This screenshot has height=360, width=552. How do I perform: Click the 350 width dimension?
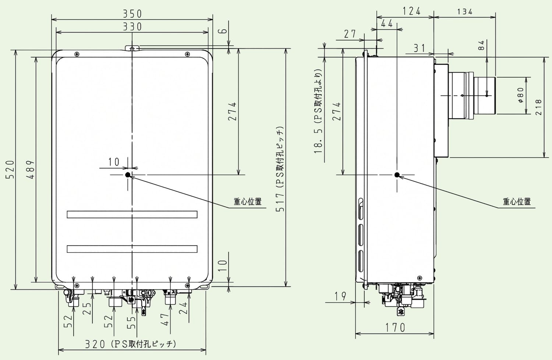click(132, 14)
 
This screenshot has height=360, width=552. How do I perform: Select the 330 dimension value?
click(132, 27)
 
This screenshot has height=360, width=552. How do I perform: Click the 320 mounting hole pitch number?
click(95, 344)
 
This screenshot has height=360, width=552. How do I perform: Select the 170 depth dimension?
click(395, 328)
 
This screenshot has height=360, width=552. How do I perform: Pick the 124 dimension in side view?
click(411, 11)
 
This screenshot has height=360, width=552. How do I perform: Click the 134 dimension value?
click(465, 11)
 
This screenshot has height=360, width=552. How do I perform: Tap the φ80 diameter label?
click(520, 95)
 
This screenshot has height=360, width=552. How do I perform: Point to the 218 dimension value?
click(539, 107)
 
